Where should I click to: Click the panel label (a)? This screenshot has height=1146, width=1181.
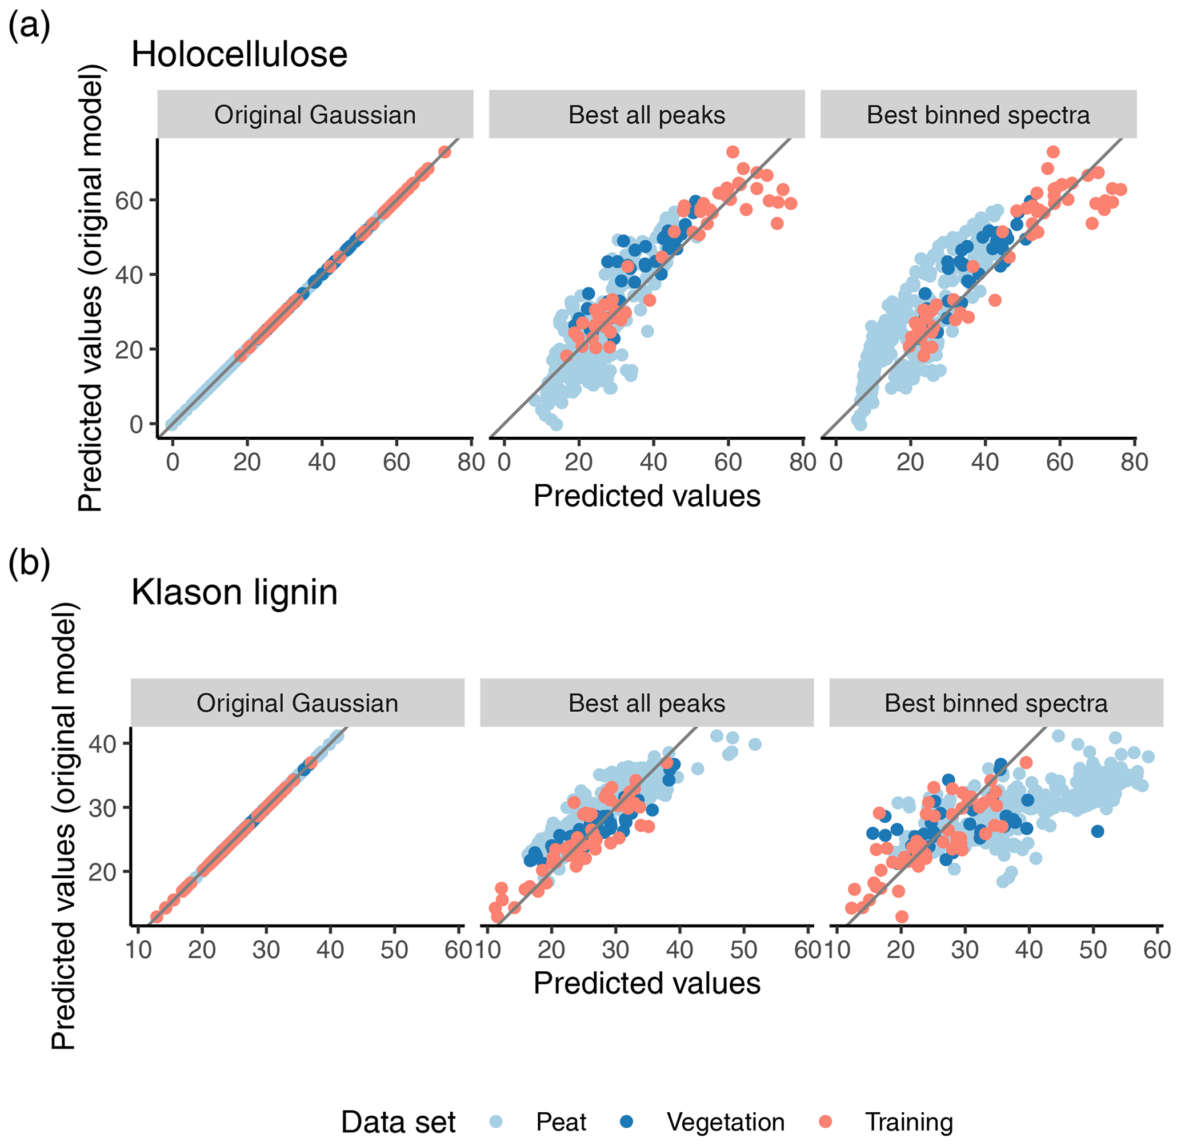(29, 27)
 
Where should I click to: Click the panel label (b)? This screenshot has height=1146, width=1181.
(29, 564)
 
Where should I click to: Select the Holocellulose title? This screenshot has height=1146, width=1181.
(239, 54)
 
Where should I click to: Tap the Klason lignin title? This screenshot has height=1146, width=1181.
(234, 592)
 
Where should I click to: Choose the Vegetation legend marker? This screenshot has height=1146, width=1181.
(627, 1121)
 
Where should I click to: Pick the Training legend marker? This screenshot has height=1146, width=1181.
(826, 1121)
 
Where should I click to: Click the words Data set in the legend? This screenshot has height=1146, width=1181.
(398, 1122)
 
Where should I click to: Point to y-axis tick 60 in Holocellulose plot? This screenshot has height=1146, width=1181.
(129, 200)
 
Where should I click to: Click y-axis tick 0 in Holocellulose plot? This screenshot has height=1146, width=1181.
(137, 425)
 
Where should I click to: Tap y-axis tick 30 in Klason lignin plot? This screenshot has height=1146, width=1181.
(102, 808)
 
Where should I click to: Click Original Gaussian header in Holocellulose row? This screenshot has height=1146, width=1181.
(315, 115)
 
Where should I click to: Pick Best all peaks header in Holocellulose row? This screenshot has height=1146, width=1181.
(647, 115)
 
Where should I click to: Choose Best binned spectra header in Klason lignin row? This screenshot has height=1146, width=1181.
(996, 703)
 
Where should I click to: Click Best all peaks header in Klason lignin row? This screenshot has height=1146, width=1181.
(647, 703)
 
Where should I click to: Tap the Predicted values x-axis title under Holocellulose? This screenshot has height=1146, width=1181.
(647, 496)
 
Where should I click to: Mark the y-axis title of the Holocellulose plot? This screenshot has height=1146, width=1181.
(91, 288)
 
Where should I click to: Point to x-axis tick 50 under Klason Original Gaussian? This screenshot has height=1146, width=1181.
(394, 950)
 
